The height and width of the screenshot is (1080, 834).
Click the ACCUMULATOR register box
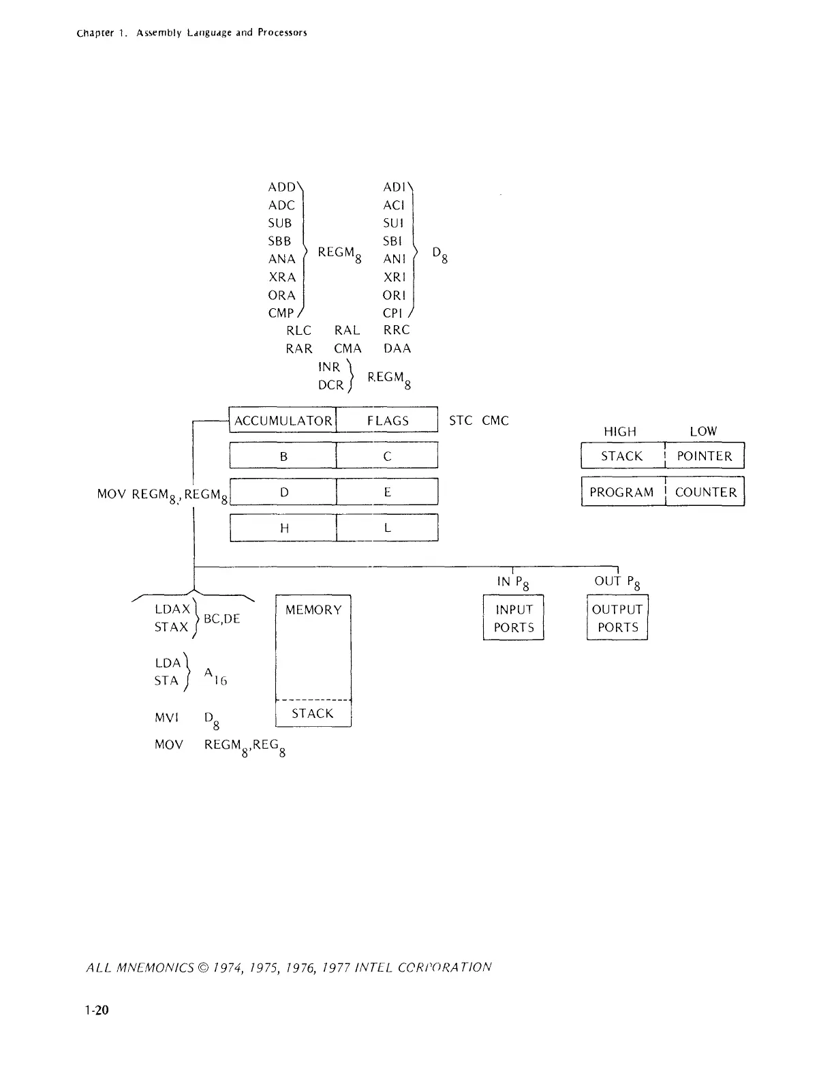click(x=283, y=421)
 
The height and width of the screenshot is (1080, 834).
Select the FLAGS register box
click(x=387, y=421)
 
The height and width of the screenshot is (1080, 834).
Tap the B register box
click(x=283, y=456)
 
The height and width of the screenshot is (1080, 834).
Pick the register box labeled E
click(x=387, y=492)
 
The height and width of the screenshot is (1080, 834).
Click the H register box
click(x=283, y=528)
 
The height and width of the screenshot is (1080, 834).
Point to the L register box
click(x=387, y=528)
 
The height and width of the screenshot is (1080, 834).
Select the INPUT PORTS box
click(x=513, y=618)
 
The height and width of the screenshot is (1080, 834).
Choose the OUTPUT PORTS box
click(x=617, y=618)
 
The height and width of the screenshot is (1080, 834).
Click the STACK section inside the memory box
click(x=313, y=713)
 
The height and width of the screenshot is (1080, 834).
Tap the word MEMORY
click(x=313, y=610)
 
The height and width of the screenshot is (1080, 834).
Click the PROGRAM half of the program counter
click(x=622, y=492)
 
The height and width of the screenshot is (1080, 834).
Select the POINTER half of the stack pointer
click(x=705, y=456)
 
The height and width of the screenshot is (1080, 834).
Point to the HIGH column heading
click(x=620, y=432)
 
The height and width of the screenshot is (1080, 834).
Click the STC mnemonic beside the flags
click(x=461, y=421)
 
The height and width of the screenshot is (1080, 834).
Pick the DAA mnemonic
click(x=397, y=348)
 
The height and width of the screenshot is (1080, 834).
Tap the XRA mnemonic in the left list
click(x=282, y=277)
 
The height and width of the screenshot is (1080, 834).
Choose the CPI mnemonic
click(x=395, y=313)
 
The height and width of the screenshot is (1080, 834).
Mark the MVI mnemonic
click(x=166, y=718)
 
